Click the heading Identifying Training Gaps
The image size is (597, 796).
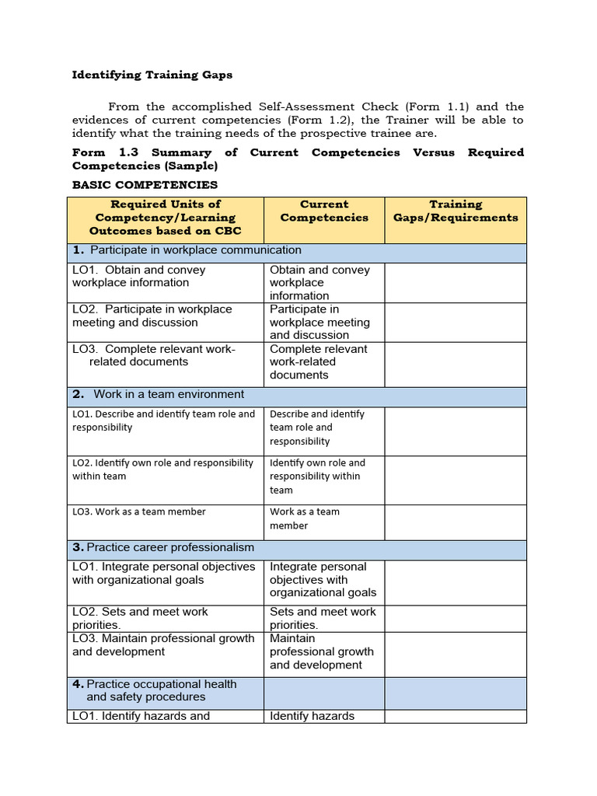pos(152,75)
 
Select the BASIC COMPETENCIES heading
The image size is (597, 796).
pos(145,185)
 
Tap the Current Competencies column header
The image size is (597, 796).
pos(324,211)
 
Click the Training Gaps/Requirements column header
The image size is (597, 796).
pos(456,211)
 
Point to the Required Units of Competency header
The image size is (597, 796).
pos(166,218)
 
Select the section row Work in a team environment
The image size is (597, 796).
pos(169,394)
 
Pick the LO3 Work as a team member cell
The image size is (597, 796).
pos(140,512)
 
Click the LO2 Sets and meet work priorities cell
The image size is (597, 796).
pos(141,618)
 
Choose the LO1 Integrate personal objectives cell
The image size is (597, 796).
pos(164,574)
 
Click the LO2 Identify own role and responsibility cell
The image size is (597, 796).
pos(163,470)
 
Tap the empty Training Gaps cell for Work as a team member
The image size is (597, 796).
pos(456,522)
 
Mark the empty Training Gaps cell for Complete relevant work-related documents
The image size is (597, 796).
pos(456,364)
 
